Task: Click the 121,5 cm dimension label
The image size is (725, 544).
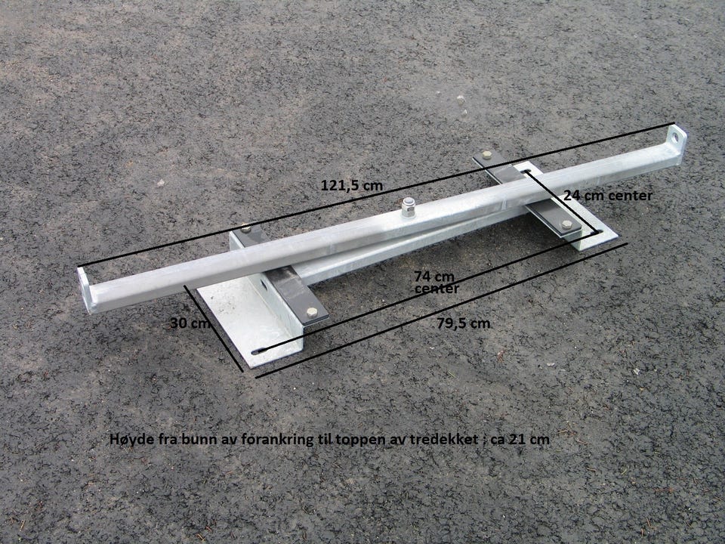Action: click(352, 186)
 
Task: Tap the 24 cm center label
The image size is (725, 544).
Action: click(607, 195)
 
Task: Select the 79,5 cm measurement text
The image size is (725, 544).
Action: click(463, 323)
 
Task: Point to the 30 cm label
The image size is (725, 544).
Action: click(190, 323)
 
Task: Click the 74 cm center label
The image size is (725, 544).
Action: click(436, 283)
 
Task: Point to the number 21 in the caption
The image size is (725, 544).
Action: click(517, 439)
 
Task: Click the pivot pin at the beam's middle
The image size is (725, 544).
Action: click(408, 207)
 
